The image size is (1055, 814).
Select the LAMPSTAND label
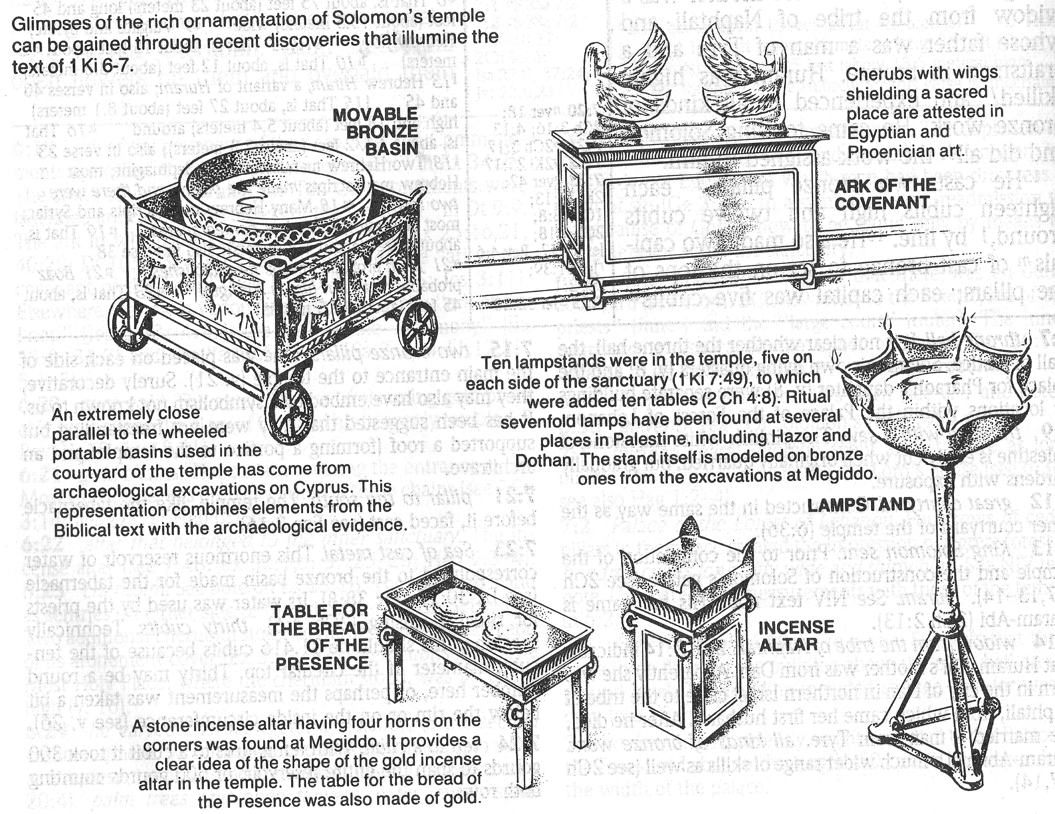tap(861, 505)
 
